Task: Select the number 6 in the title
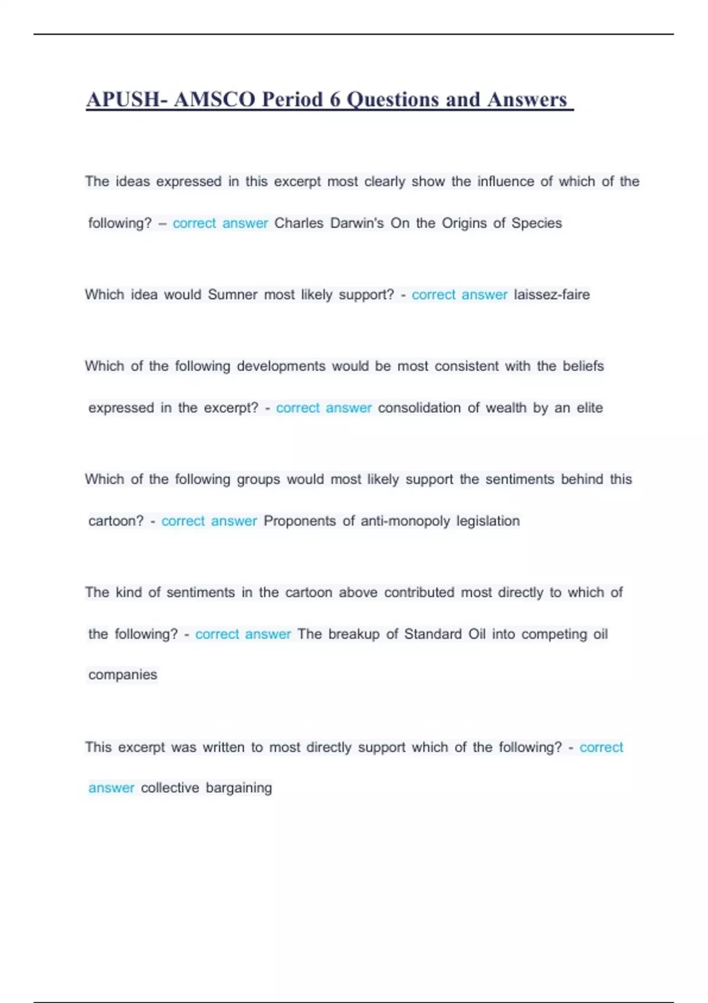click(x=335, y=99)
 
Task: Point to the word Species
click(x=536, y=223)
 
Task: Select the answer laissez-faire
click(x=552, y=294)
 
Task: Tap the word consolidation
click(x=419, y=408)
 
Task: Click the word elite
click(x=589, y=408)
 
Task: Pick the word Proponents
click(x=300, y=521)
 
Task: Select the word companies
click(x=123, y=674)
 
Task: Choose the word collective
click(x=170, y=788)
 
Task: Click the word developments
click(x=281, y=366)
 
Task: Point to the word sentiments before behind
click(x=520, y=479)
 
